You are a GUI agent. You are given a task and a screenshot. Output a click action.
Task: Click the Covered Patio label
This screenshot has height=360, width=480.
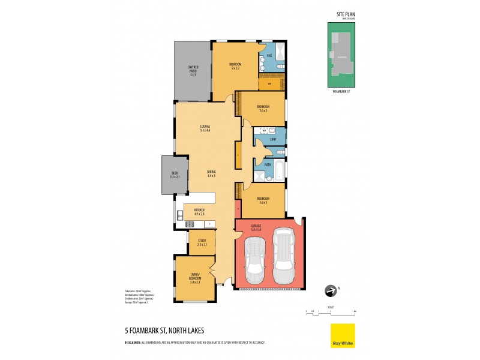pyautogui.click(x=193, y=71)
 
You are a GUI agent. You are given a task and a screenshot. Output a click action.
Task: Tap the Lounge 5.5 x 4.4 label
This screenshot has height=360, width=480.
pyautogui.click(x=205, y=128)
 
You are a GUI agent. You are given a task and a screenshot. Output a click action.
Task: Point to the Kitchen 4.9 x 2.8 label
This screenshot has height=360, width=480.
pyautogui.click(x=199, y=211)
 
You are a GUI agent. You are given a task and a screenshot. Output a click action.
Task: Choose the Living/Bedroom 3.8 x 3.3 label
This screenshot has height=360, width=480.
pyautogui.click(x=194, y=277)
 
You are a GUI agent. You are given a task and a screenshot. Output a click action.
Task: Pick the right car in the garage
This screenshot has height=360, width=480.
pyautogui.click(x=283, y=257)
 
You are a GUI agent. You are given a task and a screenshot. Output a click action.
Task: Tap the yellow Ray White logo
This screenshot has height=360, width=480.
pyautogui.click(x=343, y=335)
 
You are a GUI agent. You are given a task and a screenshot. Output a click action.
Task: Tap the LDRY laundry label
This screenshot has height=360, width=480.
pyautogui.click(x=273, y=139)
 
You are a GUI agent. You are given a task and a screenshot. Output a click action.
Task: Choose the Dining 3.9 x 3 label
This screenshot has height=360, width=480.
pyautogui.click(x=211, y=174)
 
